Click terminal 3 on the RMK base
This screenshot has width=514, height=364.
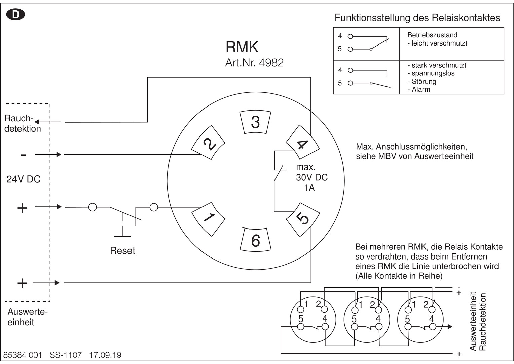tap(255, 122)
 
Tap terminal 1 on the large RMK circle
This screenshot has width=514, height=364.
tap(209, 218)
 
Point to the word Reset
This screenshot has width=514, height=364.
tap(122, 251)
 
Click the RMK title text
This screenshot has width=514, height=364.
tap(242, 47)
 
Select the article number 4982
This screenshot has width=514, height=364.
tap(271, 63)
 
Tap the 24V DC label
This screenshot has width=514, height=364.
tap(24, 179)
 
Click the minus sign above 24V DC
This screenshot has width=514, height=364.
tap(23, 155)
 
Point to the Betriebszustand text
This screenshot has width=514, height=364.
tap(432, 35)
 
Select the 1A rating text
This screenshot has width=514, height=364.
tap(309, 188)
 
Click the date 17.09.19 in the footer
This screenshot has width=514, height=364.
tap(105, 355)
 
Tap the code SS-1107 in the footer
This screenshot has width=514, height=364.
tap(66, 355)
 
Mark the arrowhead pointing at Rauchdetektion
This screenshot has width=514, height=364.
tap(37, 122)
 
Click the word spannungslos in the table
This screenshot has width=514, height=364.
tap(433, 73)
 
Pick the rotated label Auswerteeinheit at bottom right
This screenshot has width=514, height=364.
tap(473, 321)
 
